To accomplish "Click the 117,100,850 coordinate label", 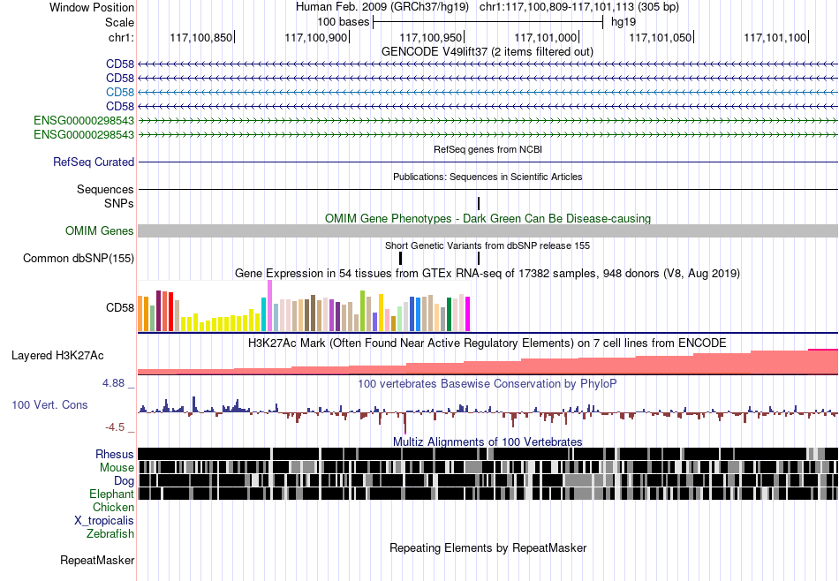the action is (201, 37).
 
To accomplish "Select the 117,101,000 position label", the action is (546, 37).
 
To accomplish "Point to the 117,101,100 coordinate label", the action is (775, 37).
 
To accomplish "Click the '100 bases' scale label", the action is (343, 22).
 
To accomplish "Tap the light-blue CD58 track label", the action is (120, 92).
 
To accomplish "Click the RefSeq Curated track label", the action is (94, 162).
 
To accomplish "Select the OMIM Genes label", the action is (100, 230).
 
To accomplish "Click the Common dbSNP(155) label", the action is (79, 259).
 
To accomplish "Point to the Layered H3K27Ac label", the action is (57, 356).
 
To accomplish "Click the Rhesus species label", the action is (115, 454).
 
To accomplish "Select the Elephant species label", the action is (111, 494).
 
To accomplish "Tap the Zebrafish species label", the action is (110, 533).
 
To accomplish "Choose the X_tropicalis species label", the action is (104, 521).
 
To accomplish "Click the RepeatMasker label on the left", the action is (97, 560).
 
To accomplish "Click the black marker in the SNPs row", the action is (479, 203).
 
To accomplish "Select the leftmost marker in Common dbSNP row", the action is (400, 259).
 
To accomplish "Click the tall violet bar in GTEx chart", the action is (269, 306).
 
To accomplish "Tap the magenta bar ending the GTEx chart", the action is (468, 314).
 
